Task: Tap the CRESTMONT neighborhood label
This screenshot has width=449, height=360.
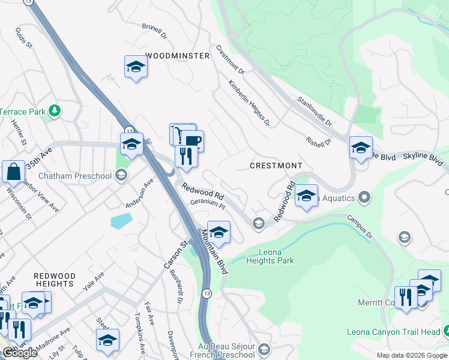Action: point(276,165)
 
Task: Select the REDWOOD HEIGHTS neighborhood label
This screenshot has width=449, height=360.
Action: point(55,280)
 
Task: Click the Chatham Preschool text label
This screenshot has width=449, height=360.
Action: point(75,176)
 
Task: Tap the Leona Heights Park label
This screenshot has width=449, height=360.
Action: point(276,256)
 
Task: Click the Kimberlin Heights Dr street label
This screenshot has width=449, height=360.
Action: point(249,104)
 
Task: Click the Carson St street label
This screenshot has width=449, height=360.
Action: point(167,254)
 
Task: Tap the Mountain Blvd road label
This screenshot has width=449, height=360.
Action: point(215,251)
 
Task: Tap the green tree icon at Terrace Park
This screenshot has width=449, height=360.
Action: point(55,110)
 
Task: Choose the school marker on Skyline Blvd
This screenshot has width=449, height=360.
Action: point(361,147)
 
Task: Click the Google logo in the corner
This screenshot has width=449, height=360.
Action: point(19,353)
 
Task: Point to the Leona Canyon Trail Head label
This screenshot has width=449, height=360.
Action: point(394,332)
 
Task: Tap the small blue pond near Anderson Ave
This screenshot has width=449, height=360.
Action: point(121,220)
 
